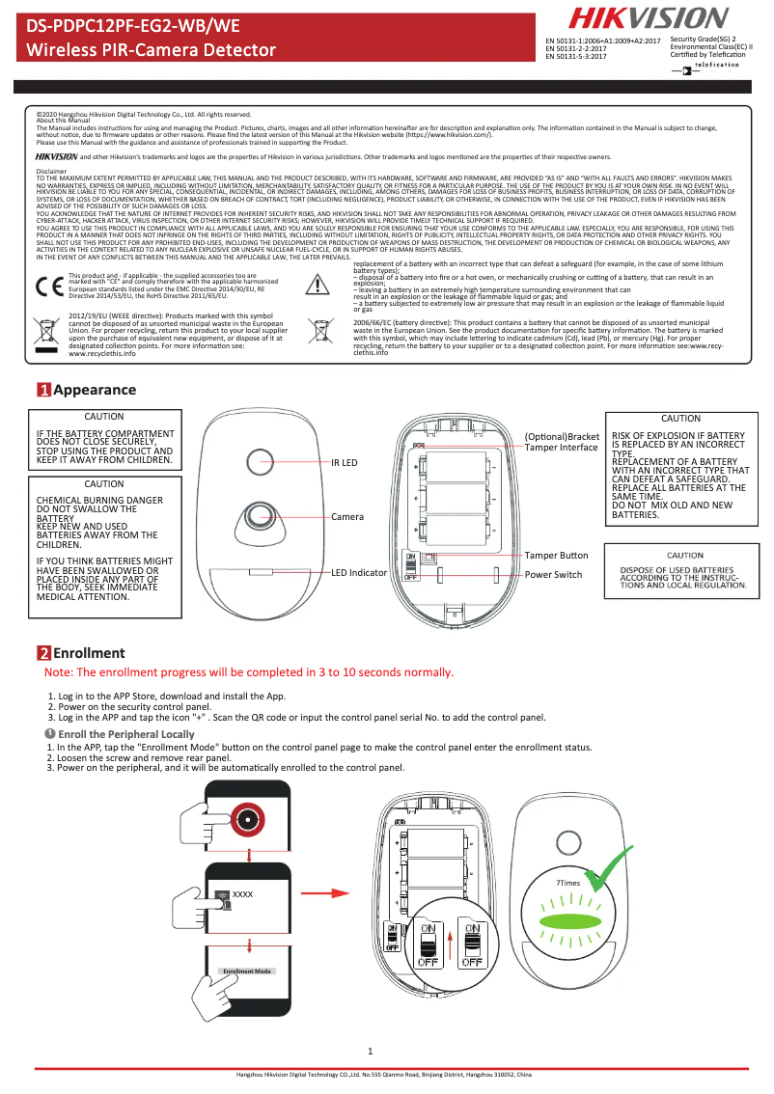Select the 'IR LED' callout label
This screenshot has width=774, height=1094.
[x=345, y=463]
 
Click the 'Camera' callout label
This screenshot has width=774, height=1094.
[x=347, y=517]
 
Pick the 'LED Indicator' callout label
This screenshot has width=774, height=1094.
[x=359, y=573]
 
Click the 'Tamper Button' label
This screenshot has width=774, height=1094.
[x=556, y=556]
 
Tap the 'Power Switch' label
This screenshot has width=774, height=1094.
[x=553, y=575]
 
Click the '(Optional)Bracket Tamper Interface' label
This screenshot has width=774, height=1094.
[x=561, y=442]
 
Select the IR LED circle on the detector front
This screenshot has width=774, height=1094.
[x=261, y=462]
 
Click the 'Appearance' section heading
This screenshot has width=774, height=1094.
[x=95, y=390]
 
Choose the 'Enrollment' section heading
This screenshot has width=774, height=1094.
[x=89, y=653]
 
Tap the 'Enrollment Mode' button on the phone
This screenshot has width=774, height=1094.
[x=247, y=971]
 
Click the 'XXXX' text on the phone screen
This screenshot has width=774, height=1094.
[x=242, y=895]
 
